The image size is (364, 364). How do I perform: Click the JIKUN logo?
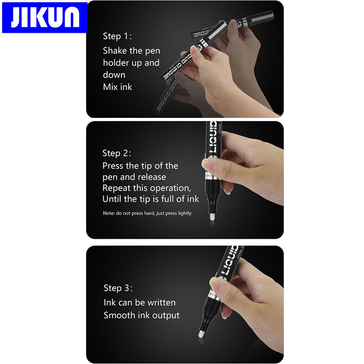point(45,17)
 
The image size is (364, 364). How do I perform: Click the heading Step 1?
point(117,36)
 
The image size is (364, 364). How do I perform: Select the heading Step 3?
point(118,288)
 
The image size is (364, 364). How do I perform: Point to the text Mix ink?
point(117,86)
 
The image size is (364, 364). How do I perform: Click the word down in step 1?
point(114,75)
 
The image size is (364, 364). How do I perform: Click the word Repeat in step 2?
point(116,188)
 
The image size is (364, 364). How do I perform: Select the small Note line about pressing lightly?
point(147,213)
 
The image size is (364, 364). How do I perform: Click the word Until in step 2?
point(112,199)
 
